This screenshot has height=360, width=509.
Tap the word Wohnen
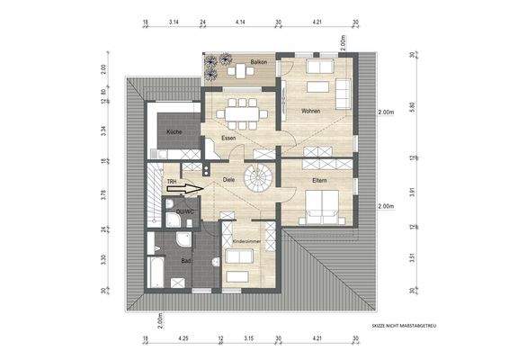click(x=311, y=112)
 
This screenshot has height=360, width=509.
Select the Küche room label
click(x=174, y=132)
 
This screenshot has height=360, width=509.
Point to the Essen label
click(x=229, y=139)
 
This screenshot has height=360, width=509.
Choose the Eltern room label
click(x=319, y=181)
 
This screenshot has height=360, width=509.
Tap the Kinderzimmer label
click(x=246, y=242)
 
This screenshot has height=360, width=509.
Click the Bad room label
click(x=186, y=261)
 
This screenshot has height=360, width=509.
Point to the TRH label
click(x=172, y=181)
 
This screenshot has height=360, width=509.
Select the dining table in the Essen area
click(x=239, y=111)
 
